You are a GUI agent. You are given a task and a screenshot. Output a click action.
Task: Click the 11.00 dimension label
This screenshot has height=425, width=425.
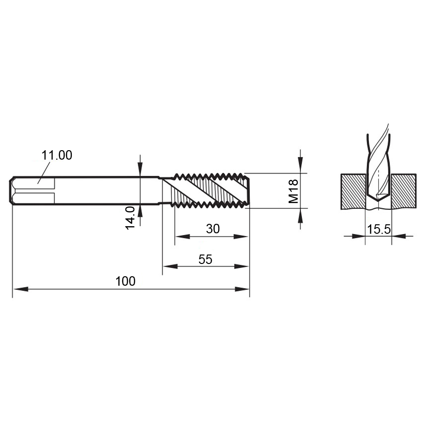tap(57, 155)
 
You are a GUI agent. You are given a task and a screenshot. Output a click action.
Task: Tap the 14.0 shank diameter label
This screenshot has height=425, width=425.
tap(130, 218)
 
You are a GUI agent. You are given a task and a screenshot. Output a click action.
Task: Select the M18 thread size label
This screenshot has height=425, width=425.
tap(293, 191)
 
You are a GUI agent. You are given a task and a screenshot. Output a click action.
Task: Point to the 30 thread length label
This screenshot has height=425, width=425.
tap(213, 229)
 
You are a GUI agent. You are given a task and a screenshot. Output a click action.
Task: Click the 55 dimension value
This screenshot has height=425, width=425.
tap(205, 259)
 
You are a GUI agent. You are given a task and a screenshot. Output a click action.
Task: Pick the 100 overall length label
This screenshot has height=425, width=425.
tap(126, 281)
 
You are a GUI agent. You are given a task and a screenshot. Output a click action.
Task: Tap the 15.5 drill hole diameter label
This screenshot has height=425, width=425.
tap(379, 229)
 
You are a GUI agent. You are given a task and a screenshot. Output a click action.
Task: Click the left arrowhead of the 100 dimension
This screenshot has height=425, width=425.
tap(21, 289)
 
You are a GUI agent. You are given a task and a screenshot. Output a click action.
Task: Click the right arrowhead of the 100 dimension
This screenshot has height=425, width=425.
tap(242, 289)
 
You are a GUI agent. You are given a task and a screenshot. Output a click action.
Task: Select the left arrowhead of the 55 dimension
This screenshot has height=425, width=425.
tap(170, 266)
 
